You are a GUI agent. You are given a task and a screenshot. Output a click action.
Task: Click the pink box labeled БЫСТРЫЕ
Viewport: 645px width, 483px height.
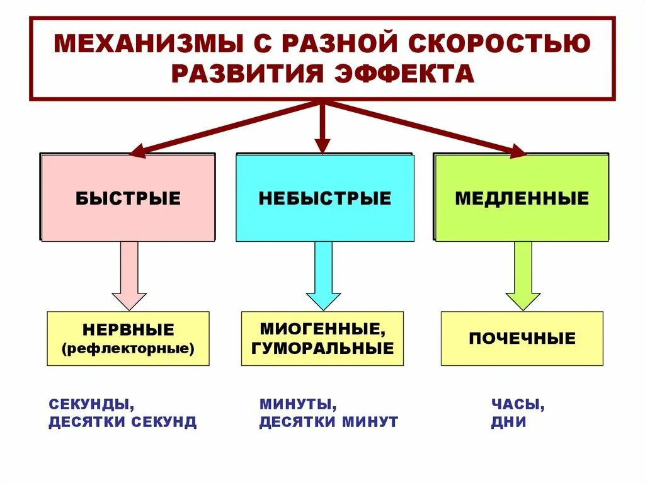tap(128, 198)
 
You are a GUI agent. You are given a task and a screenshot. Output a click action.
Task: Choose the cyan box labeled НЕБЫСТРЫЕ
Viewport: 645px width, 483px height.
tap(325, 198)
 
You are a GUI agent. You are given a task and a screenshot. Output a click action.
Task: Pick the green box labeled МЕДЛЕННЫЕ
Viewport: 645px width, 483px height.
tap(522, 198)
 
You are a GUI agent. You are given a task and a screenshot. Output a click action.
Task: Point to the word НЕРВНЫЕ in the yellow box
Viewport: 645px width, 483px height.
tap(128, 330)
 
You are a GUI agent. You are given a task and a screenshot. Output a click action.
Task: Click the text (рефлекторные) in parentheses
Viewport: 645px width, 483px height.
tap(128, 347)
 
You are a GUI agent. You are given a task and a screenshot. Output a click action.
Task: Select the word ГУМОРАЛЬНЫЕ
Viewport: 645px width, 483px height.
tap(322, 348)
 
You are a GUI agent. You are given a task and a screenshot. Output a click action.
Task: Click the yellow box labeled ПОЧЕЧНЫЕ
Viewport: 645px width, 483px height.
tap(522, 338)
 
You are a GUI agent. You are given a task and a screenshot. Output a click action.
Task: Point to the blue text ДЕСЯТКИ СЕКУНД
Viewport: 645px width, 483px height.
tap(123, 422)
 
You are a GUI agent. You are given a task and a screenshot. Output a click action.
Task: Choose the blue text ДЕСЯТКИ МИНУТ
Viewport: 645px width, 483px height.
tap(329, 422)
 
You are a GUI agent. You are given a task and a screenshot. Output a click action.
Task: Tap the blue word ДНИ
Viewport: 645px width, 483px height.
tap(508, 422)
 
